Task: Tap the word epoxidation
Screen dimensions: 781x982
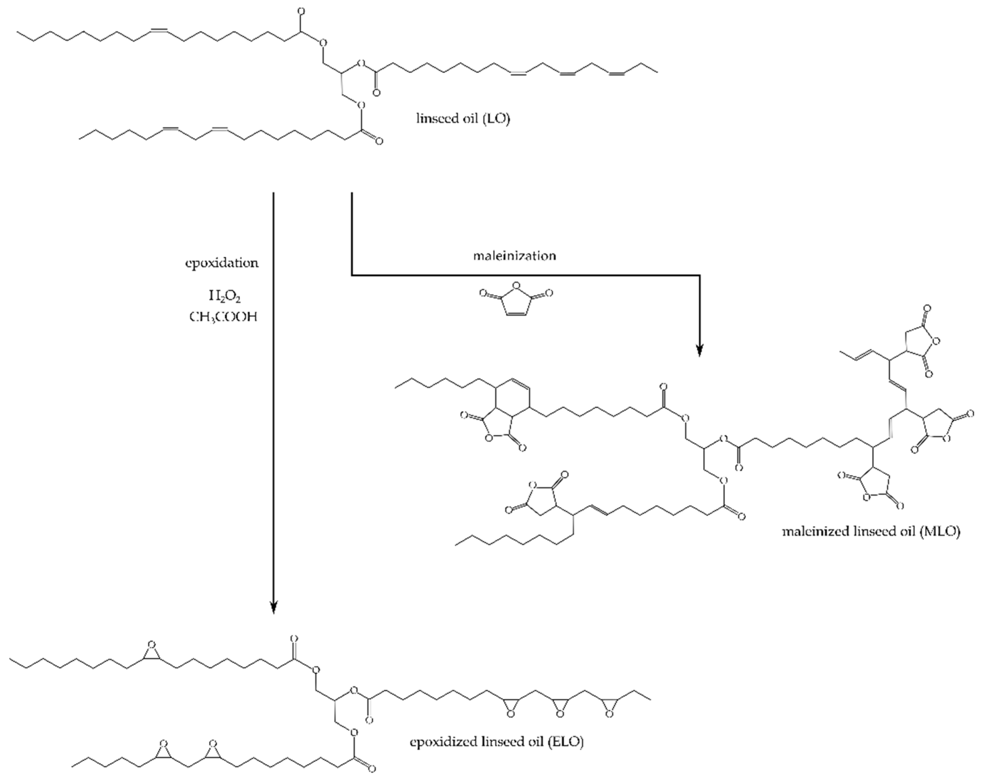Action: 222,263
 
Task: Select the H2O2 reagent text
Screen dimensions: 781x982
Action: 224,297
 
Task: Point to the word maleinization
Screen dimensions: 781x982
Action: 514,256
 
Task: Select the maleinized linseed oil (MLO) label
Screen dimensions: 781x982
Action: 871,531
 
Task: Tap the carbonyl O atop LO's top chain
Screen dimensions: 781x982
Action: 301,11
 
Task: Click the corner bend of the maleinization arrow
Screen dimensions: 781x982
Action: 352,275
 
